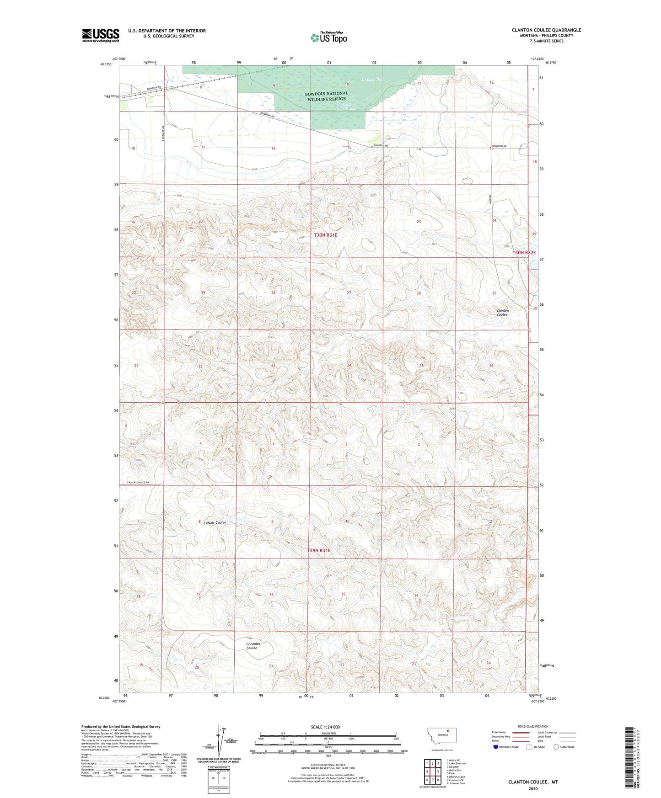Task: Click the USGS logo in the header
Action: click(x=101, y=35)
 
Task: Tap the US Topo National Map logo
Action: click(x=328, y=37)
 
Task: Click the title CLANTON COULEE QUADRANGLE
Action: click(x=546, y=30)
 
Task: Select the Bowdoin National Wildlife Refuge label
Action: click(x=327, y=96)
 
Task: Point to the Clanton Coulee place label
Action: click(x=502, y=313)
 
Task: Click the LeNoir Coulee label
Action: click(x=215, y=522)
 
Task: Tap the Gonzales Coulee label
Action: click(x=253, y=646)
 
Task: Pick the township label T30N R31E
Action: click(x=325, y=235)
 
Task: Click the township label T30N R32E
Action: click(x=523, y=253)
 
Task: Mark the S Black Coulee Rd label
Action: click(x=138, y=483)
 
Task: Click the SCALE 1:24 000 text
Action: click(x=325, y=727)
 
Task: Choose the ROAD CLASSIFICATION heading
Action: click(x=533, y=726)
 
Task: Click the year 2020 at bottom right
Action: click(x=533, y=788)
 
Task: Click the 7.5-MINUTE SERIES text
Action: click(x=546, y=41)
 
